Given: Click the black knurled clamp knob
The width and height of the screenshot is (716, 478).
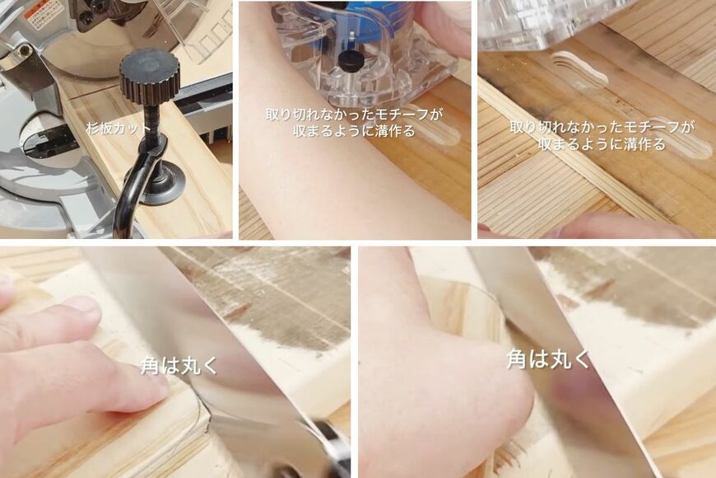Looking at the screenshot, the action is point(149,77).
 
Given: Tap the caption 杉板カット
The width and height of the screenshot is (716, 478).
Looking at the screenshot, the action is point(119,128).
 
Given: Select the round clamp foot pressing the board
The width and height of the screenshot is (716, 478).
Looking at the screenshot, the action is point(164,185).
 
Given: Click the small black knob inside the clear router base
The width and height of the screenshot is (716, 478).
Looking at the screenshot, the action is point(350,61).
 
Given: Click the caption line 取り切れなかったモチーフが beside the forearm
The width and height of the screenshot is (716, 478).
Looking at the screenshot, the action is point(355,114).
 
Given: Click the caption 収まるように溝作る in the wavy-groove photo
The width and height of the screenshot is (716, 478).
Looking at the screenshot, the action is point(602,144).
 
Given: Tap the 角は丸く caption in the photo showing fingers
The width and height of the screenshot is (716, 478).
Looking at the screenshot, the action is point(179,366).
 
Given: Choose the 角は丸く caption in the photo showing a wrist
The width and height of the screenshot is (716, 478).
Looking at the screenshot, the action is point(548,358).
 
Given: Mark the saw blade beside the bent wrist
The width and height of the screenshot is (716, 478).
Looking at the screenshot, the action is point(571,366).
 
